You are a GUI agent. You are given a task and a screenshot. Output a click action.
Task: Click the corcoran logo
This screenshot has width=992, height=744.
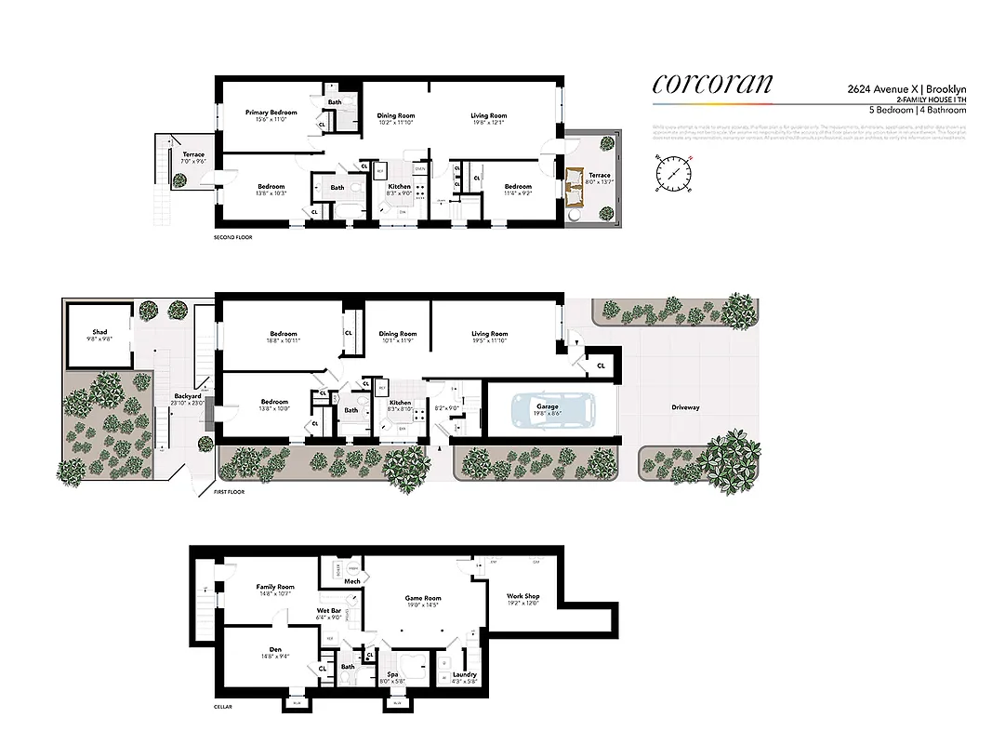pos(712,83)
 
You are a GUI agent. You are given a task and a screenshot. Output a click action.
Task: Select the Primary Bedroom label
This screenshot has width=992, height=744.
pos(271,113)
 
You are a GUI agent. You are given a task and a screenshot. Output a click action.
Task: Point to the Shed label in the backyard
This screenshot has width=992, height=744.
pos(99,332)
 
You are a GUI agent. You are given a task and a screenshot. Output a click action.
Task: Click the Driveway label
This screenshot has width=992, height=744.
pos(686,407)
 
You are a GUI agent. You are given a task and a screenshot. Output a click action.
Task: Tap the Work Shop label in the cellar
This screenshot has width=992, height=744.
pos(522,596)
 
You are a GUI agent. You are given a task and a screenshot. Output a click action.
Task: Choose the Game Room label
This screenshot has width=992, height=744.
pos(423,599)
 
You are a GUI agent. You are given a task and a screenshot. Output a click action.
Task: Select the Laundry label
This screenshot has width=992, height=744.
pos(465,675)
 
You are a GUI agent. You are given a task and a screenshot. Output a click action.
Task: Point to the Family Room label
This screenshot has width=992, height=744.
pos(275,587)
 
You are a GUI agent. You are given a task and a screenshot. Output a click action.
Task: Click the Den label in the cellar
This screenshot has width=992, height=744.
pos(275,649)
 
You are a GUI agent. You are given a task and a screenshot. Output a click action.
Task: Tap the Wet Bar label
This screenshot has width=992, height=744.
pos(329,611)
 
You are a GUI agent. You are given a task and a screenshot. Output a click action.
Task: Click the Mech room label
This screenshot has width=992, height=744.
pos(352,581)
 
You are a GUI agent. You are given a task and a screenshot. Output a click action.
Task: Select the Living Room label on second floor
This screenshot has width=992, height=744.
pos(488,116)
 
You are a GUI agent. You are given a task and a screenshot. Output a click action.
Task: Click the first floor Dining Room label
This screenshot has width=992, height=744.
pos(398,334)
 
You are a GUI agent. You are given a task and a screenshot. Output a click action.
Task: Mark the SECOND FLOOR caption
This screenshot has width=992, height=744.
pos(232,237)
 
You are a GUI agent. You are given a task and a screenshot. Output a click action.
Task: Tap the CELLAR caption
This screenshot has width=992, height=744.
pos(220,707)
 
